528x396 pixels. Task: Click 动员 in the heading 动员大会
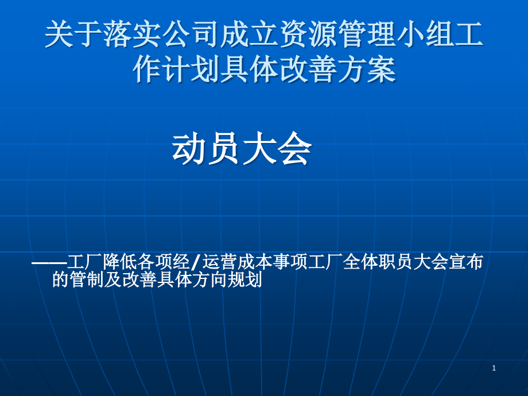[x=207, y=150]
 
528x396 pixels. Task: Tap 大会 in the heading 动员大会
[x=277, y=150]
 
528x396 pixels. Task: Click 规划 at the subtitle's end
[x=245, y=280]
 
